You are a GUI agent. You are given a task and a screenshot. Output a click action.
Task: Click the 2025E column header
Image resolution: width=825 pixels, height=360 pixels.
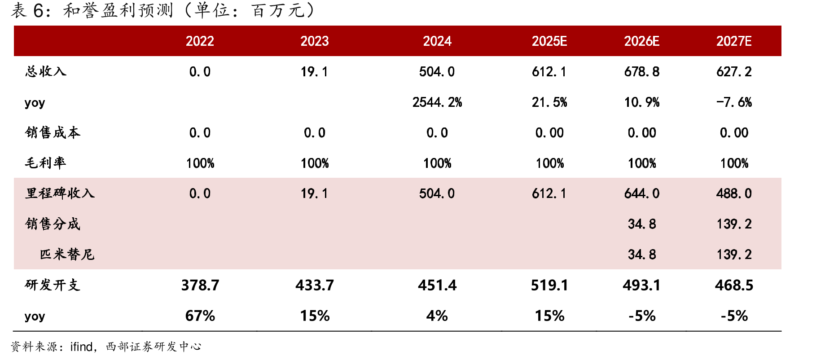point(549,41)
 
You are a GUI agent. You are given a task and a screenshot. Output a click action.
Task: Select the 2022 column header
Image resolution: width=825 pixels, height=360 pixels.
point(200,41)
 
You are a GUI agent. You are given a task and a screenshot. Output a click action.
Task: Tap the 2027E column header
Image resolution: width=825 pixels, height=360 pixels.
point(734,41)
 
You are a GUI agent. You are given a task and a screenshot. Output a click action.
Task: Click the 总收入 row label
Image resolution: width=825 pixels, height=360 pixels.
point(46,71)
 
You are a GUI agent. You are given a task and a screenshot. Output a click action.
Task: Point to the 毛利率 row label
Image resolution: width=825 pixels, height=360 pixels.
point(46,163)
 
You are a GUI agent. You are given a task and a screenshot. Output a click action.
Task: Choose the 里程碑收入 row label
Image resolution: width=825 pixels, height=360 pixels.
point(60,193)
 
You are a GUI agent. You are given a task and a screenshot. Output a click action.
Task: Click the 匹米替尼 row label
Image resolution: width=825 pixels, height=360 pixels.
point(67,255)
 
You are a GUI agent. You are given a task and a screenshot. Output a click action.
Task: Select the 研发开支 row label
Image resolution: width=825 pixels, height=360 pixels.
point(53,285)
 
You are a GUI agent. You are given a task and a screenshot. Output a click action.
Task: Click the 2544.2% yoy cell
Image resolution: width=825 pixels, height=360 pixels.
point(437,102)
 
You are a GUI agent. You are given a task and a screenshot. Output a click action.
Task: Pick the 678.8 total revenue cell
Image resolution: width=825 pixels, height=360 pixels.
point(642,72)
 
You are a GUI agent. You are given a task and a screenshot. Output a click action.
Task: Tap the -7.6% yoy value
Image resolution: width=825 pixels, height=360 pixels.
point(734,102)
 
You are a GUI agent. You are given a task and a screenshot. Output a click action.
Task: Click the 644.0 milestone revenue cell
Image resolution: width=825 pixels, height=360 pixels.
point(642,193)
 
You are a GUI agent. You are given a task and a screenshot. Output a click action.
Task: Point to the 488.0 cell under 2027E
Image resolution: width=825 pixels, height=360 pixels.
point(734,193)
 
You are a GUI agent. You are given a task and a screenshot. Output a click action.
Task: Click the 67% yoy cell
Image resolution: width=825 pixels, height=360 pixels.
point(200,316)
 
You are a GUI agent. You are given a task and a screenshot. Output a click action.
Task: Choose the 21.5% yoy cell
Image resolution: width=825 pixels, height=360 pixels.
point(549,102)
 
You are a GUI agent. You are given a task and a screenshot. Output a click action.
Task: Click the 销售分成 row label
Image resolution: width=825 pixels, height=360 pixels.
point(53,224)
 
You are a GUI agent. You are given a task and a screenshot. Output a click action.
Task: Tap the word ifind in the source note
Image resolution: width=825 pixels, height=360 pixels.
point(82,347)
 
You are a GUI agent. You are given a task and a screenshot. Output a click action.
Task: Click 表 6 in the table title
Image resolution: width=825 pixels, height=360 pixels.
point(27,10)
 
